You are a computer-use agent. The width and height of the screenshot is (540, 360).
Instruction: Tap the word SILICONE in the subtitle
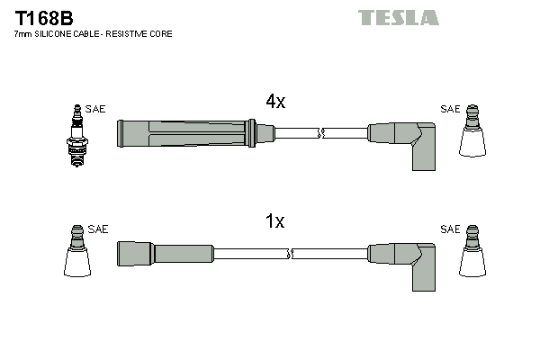click(61, 33)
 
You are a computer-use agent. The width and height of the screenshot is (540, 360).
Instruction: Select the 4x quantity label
click(275, 102)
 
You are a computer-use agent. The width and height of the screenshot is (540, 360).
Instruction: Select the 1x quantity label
click(275, 221)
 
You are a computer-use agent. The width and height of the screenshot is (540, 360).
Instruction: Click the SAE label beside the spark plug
click(96, 109)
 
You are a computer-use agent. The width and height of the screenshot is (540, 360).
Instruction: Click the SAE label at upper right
click(449, 109)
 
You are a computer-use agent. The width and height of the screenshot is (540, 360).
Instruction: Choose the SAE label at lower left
click(98, 229)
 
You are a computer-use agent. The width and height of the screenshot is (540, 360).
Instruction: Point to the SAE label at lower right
click(449, 229)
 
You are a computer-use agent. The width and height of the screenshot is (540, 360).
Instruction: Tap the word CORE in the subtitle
click(162, 33)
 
